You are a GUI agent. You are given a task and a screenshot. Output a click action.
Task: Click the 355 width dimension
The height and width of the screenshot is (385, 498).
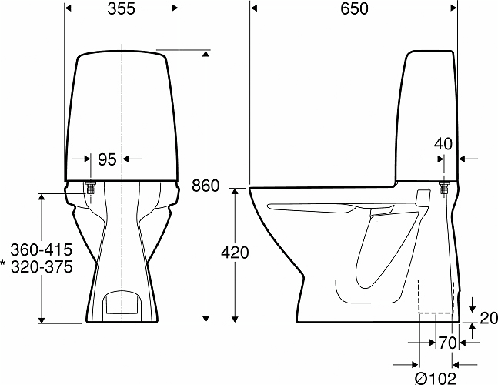(x=121, y=8)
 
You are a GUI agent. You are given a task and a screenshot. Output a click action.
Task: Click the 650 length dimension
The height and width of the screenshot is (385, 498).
(x=354, y=8)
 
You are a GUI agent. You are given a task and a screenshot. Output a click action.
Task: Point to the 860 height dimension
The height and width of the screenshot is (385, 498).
(x=206, y=186)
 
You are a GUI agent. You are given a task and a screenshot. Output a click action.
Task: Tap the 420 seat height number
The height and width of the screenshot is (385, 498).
(x=235, y=253)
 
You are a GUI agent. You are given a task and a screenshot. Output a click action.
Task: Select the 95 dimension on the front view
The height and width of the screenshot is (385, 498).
(x=107, y=159)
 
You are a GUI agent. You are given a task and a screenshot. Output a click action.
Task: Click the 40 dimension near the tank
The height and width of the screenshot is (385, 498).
(x=443, y=144)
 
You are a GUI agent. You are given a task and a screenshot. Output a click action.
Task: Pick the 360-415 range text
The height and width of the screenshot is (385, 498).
(x=42, y=250)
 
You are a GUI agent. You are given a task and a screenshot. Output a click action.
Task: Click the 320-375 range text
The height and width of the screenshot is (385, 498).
(x=42, y=267)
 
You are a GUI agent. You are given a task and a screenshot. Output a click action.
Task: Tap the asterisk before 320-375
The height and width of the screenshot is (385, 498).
(x=3, y=263)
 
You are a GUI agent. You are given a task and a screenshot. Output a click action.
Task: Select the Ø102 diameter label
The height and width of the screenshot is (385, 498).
(x=436, y=378)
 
